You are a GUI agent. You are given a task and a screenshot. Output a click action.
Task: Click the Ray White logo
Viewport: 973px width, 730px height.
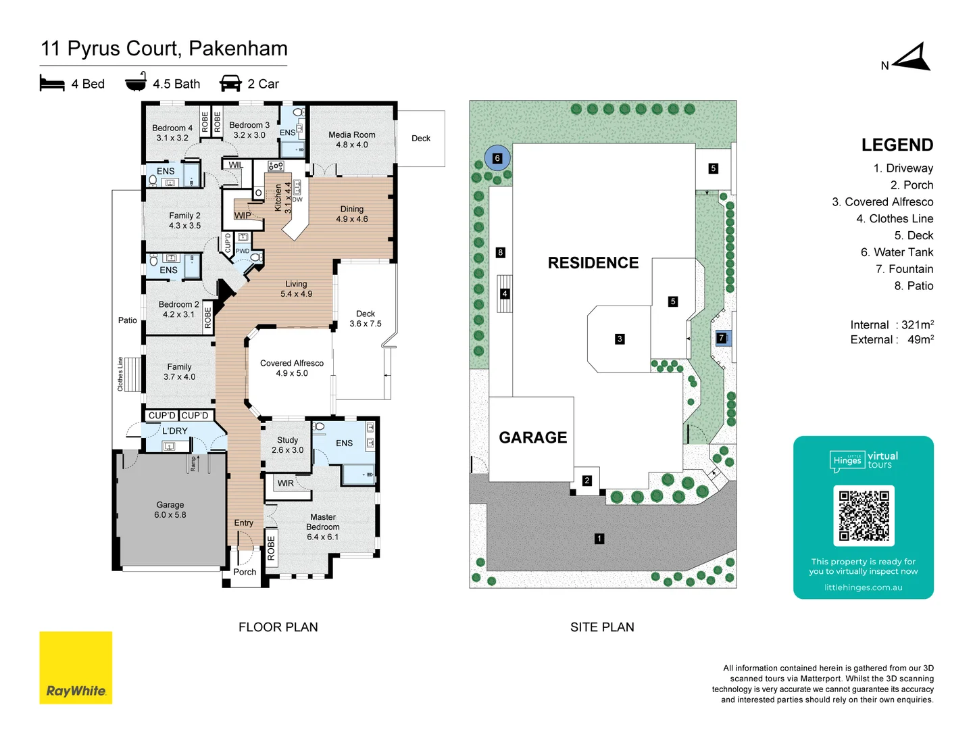click(76, 668)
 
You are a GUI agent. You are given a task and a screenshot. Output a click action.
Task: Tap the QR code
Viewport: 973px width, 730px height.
click(864, 516)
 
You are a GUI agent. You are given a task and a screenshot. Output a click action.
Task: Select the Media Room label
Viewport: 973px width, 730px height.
click(352, 140)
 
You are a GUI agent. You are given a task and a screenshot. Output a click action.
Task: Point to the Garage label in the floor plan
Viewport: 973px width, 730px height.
click(170, 510)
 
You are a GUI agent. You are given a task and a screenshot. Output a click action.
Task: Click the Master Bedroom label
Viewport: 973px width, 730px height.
click(322, 527)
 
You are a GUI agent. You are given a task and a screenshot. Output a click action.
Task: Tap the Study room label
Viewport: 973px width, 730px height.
click(287, 445)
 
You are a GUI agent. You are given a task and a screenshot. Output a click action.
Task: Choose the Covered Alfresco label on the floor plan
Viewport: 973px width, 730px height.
click(292, 368)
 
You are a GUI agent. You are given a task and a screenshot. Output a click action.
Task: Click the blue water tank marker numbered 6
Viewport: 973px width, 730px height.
click(497, 158)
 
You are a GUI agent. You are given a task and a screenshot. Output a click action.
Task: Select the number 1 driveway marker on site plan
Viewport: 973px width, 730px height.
click(599, 539)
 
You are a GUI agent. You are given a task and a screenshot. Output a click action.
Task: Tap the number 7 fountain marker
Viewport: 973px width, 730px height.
click(722, 338)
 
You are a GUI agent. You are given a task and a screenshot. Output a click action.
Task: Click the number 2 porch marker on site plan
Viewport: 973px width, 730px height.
click(587, 481)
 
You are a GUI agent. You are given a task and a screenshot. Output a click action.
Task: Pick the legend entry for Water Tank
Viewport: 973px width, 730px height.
click(897, 252)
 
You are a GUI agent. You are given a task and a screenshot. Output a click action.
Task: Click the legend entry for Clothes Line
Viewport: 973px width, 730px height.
click(894, 218)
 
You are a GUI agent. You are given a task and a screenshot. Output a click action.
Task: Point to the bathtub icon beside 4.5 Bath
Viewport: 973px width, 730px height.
click(136, 82)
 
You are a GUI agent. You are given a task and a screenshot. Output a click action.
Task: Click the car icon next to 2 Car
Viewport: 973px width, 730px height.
click(230, 83)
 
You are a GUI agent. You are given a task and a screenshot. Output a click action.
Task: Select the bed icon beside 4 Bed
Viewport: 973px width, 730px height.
click(52, 83)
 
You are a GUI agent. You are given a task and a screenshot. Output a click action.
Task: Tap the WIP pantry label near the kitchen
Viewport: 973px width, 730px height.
click(243, 216)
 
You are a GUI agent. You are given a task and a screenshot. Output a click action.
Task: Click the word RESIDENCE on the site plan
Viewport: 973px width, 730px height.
click(593, 263)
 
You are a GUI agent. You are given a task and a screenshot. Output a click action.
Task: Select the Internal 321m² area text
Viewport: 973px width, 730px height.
click(891, 325)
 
